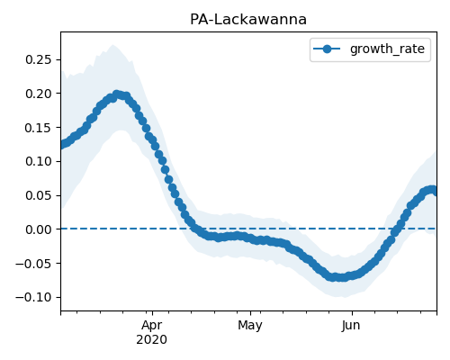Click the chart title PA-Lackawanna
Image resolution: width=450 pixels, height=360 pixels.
pos(248,20)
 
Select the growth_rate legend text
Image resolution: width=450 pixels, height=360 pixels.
pos(387,49)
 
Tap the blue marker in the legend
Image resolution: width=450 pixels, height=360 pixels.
pos(327,49)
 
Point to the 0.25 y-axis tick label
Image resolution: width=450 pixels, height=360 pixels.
pos(39,59)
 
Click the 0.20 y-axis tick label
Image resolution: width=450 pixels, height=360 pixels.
pos(39,94)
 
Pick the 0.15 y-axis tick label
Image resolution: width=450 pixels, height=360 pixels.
pos(39,128)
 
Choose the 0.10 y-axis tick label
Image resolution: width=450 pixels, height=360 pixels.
pos(39,161)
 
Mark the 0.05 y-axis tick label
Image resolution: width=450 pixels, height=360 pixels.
pos(39,195)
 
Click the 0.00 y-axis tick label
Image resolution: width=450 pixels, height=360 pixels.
pos(39,229)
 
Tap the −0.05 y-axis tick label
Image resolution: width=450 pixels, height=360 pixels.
pos(34,264)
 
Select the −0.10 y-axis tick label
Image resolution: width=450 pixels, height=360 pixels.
pos(34,297)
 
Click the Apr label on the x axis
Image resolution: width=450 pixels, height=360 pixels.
pos(152,326)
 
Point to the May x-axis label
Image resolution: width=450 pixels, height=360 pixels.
pos(250,326)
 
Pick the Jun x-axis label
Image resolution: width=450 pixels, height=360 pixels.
pos(351,326)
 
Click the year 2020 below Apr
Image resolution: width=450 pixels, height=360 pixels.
pos(152,340)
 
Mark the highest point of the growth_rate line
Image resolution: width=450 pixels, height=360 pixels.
pos(117,94)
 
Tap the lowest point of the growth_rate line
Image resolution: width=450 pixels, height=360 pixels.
pos(340,277)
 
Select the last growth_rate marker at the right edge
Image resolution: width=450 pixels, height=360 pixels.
pos(434,190)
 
